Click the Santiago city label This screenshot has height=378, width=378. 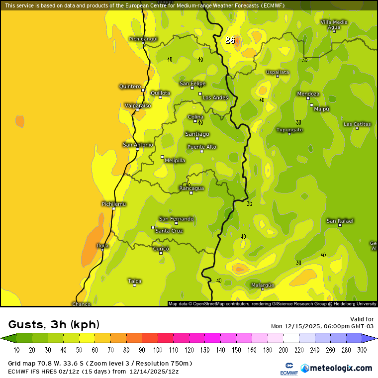[x=197, y=134]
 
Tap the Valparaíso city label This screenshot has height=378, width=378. [x=137, y=105]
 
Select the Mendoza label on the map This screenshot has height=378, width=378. [x=308, y=94]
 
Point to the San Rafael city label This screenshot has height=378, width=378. [x=340, y=220]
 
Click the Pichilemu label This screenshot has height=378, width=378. [x=113, y=204]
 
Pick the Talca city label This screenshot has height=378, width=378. [x=134, y=281]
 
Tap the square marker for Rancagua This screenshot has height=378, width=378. [x=191, y=192]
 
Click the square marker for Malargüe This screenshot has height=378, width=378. [x=263, y=289]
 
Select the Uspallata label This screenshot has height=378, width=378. [x=277, y=72]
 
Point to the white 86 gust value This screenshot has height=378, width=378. [x=230, y=40]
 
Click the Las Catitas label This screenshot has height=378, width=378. [x=357, y=124]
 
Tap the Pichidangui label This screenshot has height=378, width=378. [x=143, y=38]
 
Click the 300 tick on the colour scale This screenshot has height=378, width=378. [x=362, y=350]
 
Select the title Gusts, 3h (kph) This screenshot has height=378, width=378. [x=54, y=325]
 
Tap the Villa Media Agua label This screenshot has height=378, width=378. [x=334, y=24]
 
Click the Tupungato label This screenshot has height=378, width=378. [x=289, y=130]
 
